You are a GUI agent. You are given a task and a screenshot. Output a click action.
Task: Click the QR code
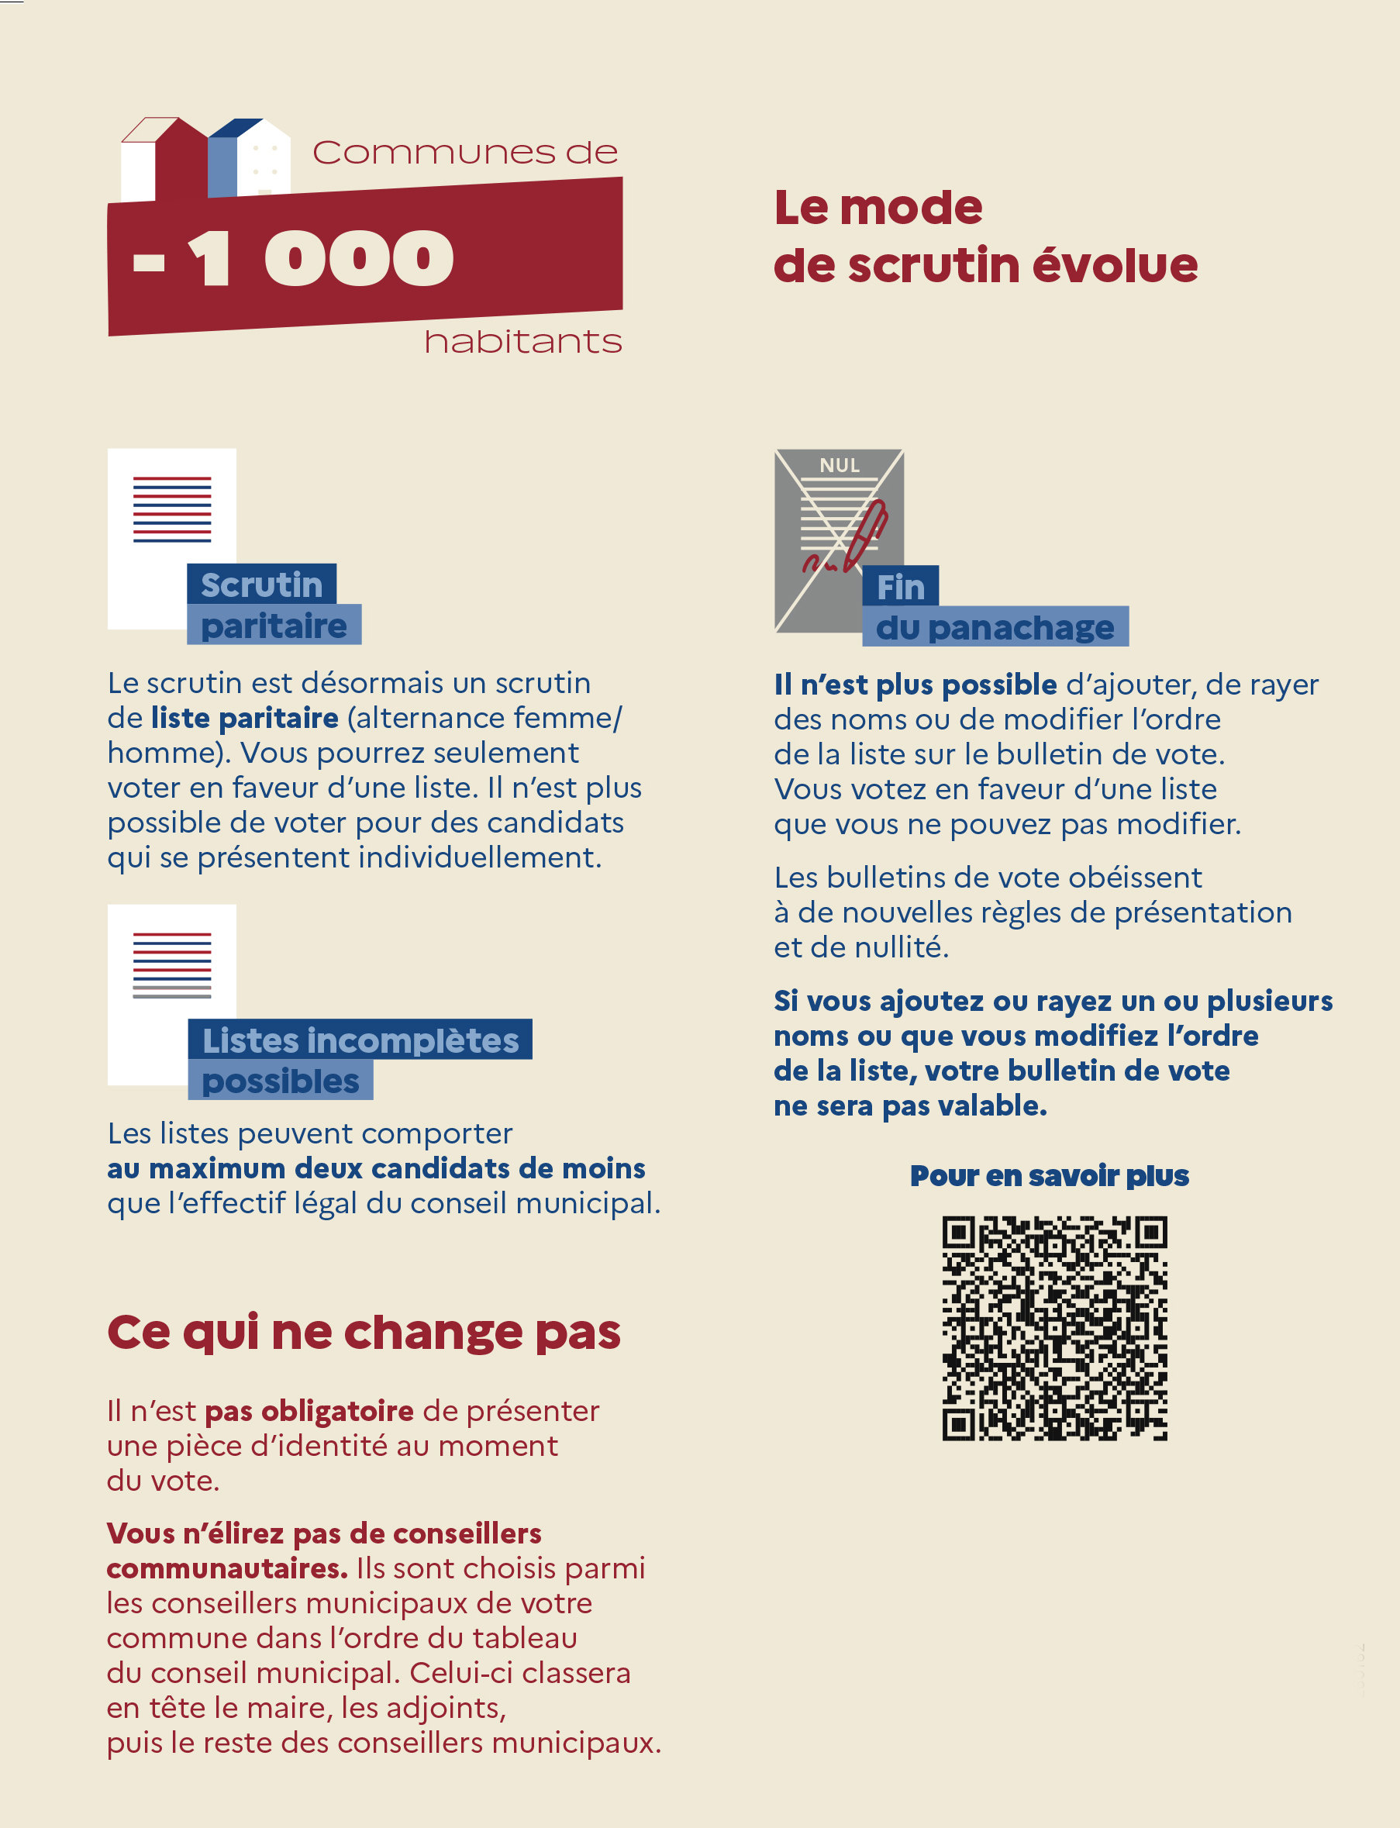[1054, 1328]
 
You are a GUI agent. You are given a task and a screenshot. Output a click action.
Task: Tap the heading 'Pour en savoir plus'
[1049, 1175]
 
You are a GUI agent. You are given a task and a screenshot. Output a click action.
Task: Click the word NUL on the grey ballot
[840, 466]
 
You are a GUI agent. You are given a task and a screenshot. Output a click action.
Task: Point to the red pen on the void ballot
[867, 533]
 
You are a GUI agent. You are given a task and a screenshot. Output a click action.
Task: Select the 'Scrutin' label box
[262, 584]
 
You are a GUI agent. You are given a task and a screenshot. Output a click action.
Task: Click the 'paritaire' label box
[274, 625]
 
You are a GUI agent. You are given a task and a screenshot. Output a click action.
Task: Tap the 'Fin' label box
[900, 587]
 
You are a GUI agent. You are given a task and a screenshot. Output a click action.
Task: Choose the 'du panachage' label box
[995, 626]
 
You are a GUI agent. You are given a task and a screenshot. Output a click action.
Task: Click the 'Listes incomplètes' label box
[360, 1040]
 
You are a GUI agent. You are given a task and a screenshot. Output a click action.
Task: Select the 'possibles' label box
[280, 1081]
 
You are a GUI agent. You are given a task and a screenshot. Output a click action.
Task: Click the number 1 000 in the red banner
[321, 258]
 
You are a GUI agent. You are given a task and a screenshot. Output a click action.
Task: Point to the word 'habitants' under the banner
[522, 342]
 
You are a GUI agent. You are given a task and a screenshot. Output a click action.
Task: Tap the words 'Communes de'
[465, 153]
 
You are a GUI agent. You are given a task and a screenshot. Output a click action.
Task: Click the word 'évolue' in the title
[1115, 265]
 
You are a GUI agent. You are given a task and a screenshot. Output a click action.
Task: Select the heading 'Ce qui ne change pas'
[364, 1331]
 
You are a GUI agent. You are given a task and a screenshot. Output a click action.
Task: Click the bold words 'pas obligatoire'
[309, 1411]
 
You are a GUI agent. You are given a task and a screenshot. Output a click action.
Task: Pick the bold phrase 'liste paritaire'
[245, 717]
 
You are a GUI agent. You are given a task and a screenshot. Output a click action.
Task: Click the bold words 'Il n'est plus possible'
[915, 684]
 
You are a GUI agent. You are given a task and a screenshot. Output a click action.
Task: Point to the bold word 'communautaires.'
[226, 1568]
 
